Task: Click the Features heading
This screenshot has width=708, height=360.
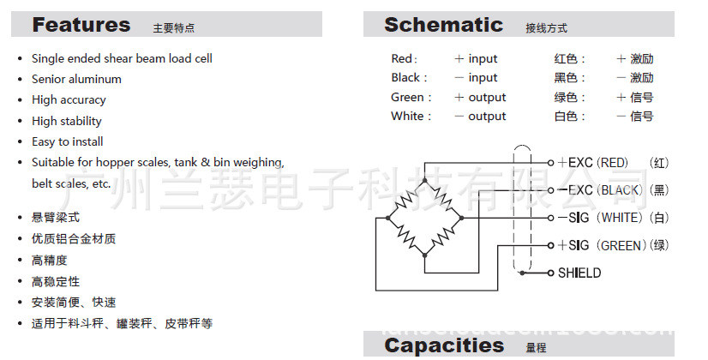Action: click(81, 25)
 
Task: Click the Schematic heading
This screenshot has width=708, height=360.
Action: click(443, 25)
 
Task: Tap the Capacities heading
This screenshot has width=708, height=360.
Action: click(444, 345)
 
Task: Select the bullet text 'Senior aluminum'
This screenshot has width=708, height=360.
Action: click(76, 79)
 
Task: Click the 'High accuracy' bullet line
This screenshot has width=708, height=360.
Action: click(69, 99)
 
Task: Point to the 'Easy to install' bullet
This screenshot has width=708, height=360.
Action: click(67, 141)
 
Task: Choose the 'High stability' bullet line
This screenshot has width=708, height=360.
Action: click(67, 121)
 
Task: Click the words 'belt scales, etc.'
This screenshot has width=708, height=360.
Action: click(71, 183)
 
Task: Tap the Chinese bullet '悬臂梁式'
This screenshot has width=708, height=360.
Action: click(56, 218)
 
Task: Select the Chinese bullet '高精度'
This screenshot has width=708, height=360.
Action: click(50, 260)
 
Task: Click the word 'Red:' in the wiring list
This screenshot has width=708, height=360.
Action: click(404, 59)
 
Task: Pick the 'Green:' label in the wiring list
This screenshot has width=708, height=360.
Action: click(411, 98)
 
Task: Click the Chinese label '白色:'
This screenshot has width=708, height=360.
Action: click(570, 117)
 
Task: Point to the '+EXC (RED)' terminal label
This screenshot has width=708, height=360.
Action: click(593, 162)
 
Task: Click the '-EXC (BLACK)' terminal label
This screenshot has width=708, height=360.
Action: click(600, 189)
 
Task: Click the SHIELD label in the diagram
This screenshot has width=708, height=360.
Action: click(579, 273)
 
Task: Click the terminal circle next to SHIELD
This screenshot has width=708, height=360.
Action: click(550, 273)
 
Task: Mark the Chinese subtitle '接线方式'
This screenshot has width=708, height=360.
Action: click(547, 28)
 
